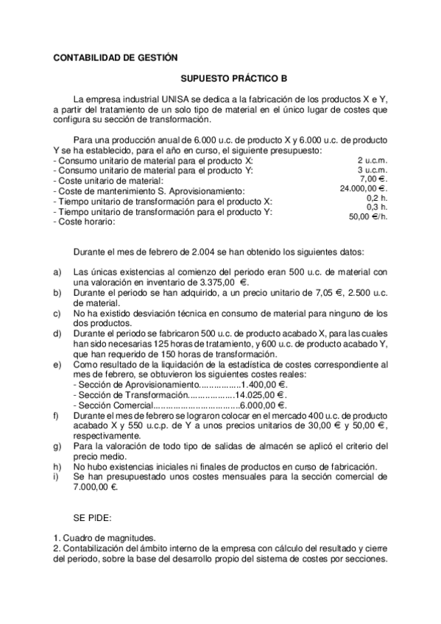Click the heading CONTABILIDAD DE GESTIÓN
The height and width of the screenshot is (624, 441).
[x=116, y=57]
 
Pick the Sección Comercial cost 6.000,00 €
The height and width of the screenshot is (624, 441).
[x=264, y=405]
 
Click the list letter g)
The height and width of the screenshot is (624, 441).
[x=58, y=446]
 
